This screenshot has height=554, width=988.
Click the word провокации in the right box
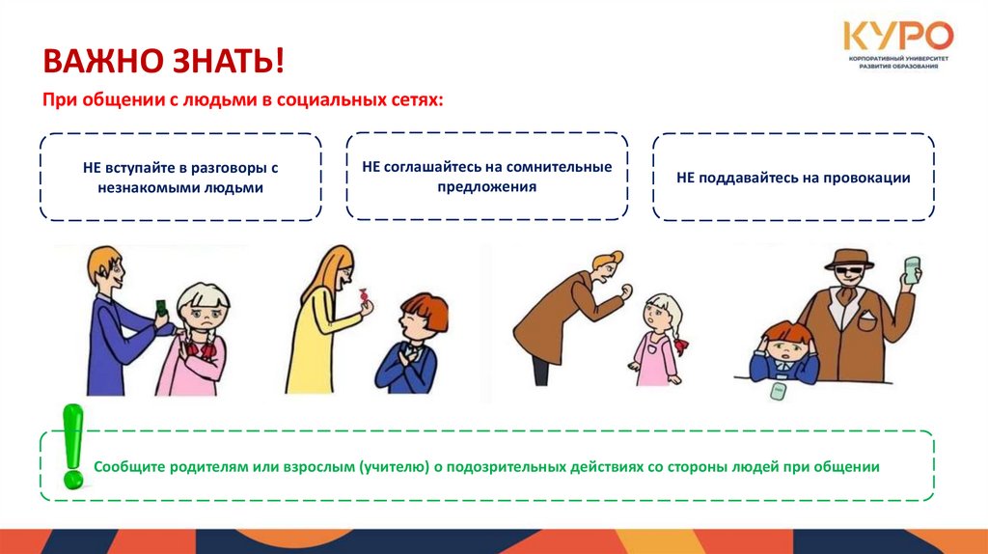point(864,178)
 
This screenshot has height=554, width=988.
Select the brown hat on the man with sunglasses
point(849,259)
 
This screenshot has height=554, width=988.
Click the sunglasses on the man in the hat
point(847,273)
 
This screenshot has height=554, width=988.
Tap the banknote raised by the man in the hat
point(912,270)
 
